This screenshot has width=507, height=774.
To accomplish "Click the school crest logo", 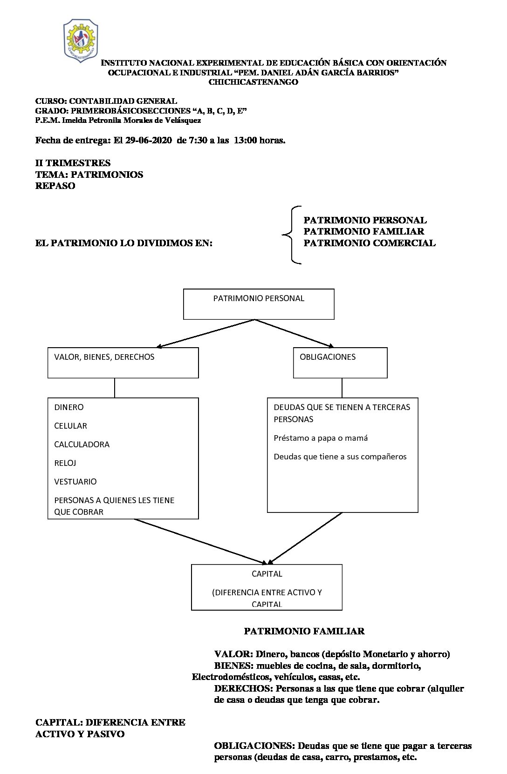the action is tap(81, 41).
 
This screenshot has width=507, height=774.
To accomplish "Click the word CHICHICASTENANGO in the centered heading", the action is tap(253, 82).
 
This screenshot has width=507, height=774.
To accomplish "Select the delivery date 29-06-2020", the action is tap(149, 140).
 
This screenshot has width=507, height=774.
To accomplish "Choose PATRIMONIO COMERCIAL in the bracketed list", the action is tap(370, 243).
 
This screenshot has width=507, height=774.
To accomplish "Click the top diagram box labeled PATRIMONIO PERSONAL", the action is tap(259, 304).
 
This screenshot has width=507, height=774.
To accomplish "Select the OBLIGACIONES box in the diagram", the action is tap(340, 363).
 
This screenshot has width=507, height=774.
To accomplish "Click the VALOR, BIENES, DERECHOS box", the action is tap(123, 363).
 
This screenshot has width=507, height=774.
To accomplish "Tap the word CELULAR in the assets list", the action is tap(71, 426).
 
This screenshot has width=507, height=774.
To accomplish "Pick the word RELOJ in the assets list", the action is tap(65, 463).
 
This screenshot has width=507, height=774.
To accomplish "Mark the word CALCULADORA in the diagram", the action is tap(82, 444).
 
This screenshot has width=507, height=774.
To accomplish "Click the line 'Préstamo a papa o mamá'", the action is tap(321, 438).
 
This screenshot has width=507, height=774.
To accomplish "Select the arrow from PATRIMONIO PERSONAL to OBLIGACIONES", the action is tap(295, 333).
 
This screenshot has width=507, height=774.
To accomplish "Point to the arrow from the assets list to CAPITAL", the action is tap(200, 541).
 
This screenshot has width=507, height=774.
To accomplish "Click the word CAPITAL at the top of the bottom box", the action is tap(267, 574).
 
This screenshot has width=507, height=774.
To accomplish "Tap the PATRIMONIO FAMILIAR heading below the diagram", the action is tap(304, 631).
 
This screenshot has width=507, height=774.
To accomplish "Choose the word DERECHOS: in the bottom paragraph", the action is tap(244, 688).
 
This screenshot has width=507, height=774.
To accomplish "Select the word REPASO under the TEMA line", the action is tap(55, 186).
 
